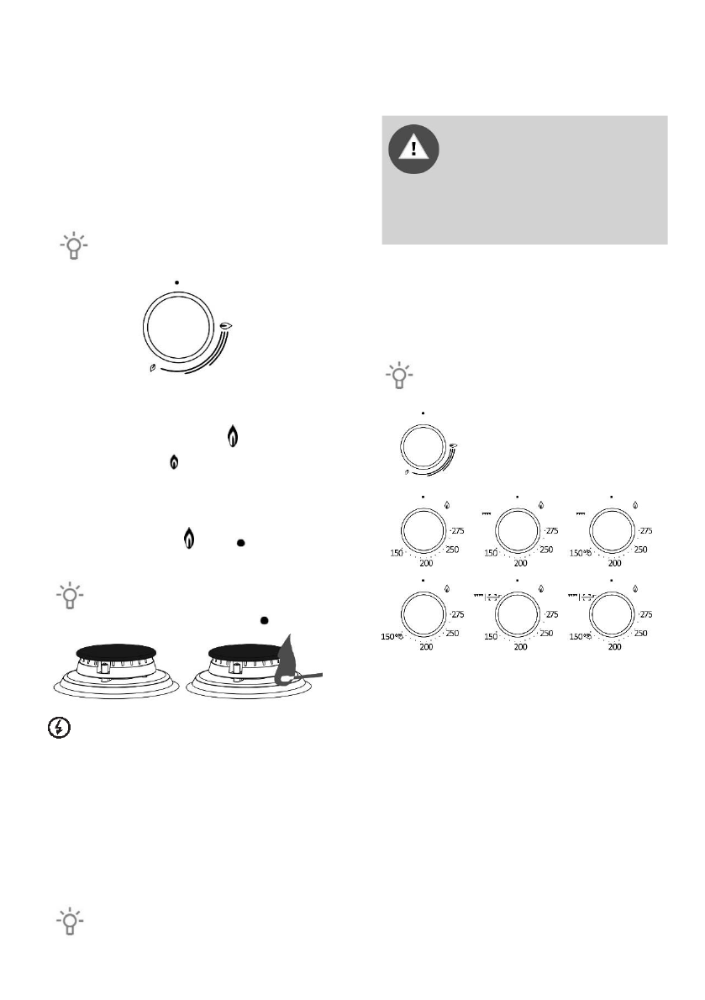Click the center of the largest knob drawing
point(177,327)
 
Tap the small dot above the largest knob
point(177,282)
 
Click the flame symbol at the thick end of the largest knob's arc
point(227,325)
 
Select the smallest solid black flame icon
point(174,461)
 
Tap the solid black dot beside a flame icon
point(240,544)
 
